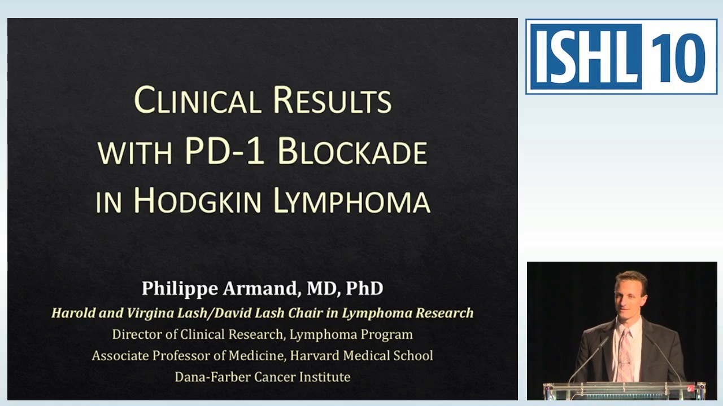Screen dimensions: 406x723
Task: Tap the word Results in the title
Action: (x=332, y=100)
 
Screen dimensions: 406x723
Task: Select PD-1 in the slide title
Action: (x=224, y=151)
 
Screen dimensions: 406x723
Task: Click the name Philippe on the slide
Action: (x=180, y=289)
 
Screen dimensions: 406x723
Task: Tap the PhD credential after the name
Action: (x=364, y=289)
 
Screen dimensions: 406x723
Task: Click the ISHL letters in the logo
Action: (x=585, y=56)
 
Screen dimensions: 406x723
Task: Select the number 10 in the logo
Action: (x=680, y=56)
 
